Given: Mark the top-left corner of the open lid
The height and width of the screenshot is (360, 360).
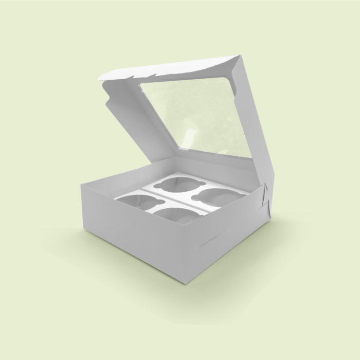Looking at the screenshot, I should pos(98,78).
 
